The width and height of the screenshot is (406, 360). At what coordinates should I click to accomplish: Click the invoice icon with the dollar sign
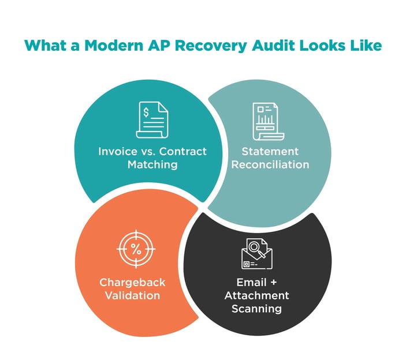pos(152,120)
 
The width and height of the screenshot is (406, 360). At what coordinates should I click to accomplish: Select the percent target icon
pos(136,250)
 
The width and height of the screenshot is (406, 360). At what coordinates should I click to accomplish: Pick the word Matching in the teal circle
pos(152,165)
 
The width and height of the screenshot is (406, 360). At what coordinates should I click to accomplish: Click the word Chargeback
pos(132,282)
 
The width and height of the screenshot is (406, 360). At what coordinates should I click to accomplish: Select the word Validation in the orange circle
pos(132,295)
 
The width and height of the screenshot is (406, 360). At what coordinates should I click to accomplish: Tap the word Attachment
pos(257,295)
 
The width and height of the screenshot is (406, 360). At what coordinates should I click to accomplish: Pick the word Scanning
pos(257,309)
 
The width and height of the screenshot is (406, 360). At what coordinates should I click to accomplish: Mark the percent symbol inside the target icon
pos(136,250)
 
